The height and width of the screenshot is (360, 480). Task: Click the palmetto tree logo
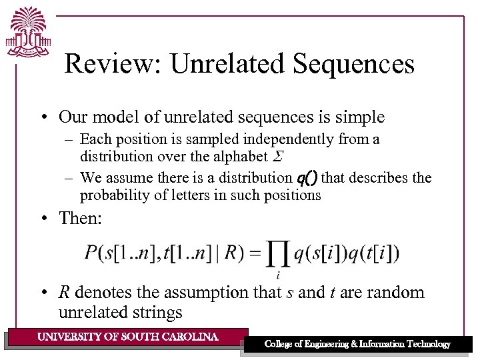(27, 32)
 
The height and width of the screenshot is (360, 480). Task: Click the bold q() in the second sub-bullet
(307, 178)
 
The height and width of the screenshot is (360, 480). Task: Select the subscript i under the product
(277, 274)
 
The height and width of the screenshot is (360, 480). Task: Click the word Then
(81, 217)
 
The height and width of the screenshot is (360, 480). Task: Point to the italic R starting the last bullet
(65, 293)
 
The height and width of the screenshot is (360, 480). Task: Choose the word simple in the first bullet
(360, 117)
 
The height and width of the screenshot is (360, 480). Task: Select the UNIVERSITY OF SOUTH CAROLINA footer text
(128, 337)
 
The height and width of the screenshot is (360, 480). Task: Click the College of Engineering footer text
(357, 344)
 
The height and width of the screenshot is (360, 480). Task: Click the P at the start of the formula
(92, 254)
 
